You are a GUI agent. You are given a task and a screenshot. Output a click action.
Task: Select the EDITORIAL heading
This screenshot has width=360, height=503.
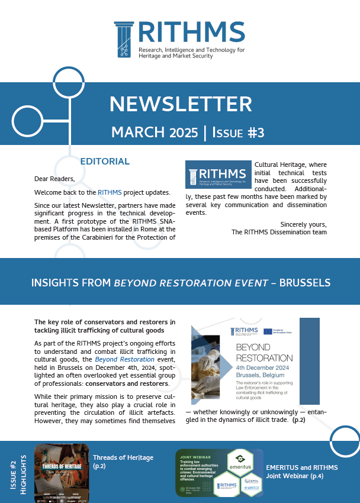105,161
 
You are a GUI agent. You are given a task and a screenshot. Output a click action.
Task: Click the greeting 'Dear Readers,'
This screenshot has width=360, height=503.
54,178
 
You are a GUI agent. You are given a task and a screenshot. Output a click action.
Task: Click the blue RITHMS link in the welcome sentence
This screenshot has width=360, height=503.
110,192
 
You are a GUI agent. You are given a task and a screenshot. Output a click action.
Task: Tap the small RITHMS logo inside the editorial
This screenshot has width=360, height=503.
217,175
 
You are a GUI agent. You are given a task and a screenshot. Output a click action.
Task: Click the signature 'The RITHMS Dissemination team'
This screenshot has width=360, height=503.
279,232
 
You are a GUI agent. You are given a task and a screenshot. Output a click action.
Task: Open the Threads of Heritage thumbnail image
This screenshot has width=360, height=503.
62,469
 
